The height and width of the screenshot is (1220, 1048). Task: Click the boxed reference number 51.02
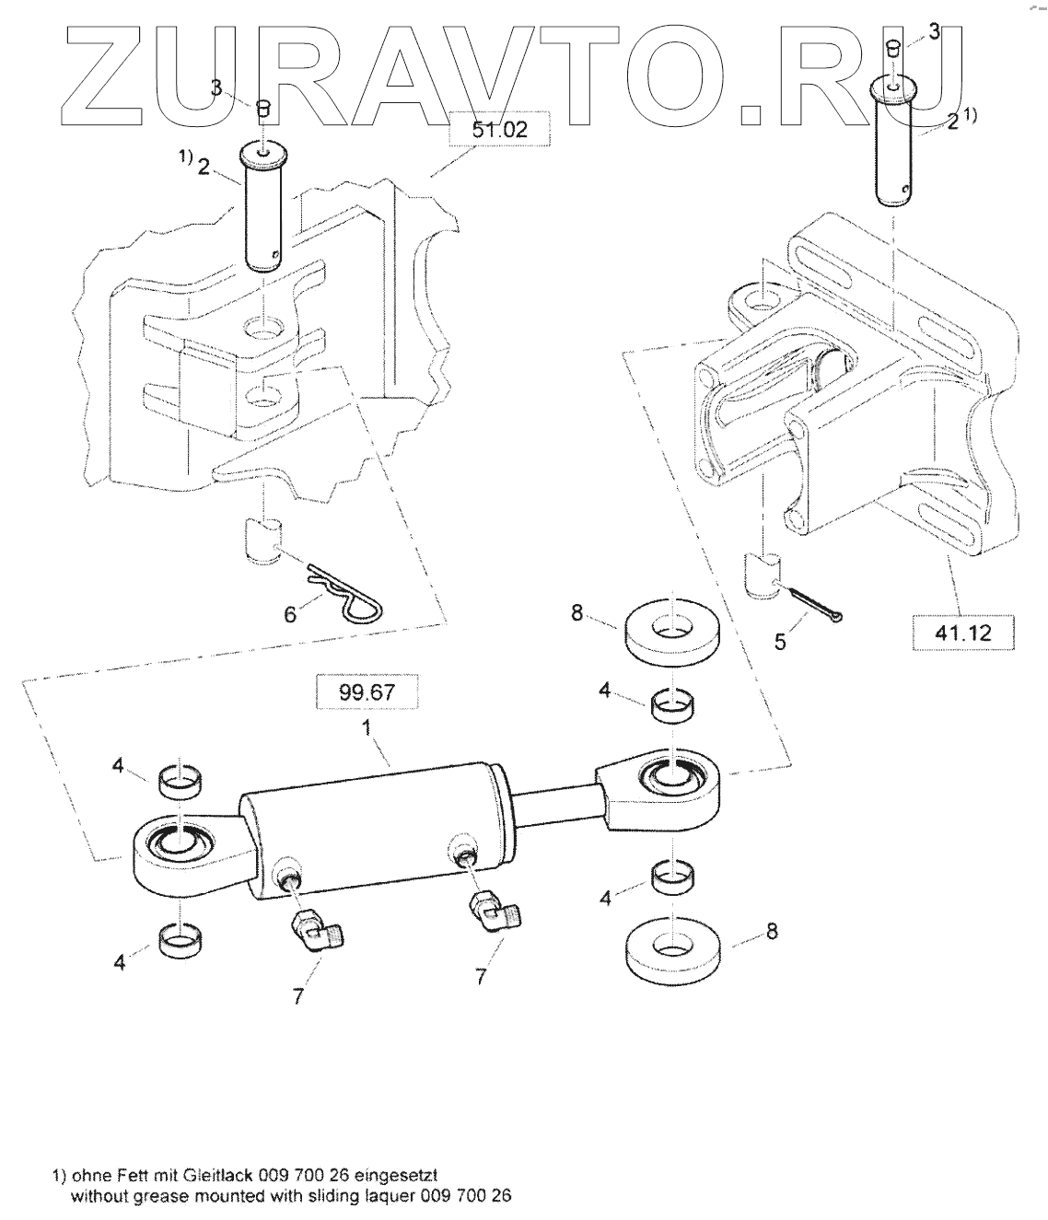(x=499, y=130)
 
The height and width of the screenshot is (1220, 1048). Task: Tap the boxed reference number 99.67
(x=367, y=691)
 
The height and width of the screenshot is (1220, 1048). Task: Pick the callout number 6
(x=291, y=613)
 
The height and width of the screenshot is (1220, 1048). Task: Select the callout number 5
(x=780, y=642)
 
